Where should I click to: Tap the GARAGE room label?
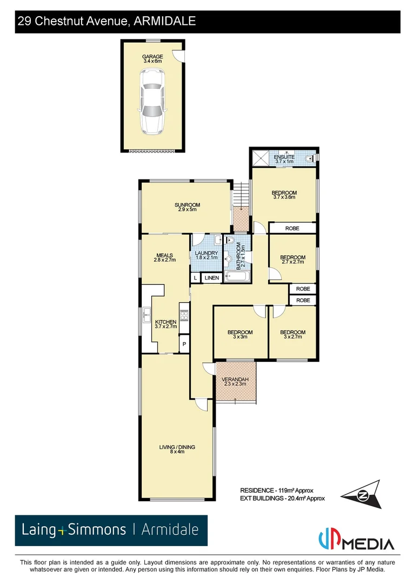152,56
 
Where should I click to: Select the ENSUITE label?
284,157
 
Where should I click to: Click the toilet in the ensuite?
309,158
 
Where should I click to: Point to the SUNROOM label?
187,205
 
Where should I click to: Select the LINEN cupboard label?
212,278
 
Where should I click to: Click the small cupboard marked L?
195,278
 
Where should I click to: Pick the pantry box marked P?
184,344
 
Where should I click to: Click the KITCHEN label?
166,322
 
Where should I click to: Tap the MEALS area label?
164,255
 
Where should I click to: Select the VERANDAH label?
235,380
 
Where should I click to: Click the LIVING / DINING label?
177,447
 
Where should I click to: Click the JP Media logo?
357,539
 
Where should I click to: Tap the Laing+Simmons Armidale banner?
111,530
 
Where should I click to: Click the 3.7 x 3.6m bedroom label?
284,194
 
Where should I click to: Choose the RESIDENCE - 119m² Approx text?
276,490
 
